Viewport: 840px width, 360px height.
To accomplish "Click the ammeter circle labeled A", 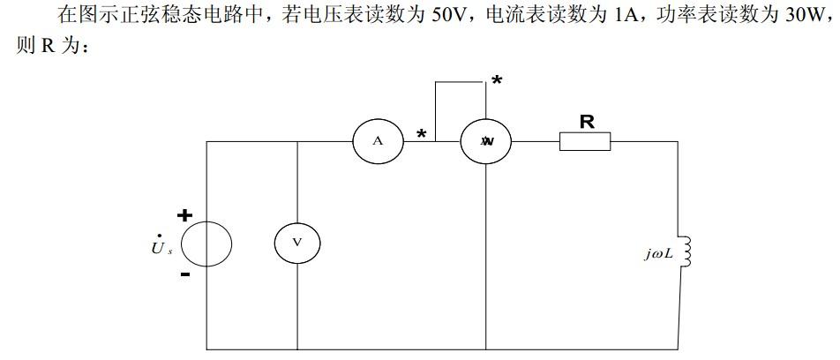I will click(377, 141).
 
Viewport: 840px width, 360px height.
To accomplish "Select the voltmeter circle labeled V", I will click(296, 243).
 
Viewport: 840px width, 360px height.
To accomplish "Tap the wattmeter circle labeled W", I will click(486, 141).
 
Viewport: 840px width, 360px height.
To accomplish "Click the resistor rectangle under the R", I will click(585, 141).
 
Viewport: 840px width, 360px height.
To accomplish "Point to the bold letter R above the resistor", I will click(586, 121).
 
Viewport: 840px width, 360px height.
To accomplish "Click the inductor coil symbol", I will click(687, 253).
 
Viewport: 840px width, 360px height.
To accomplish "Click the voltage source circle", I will click(206, 243).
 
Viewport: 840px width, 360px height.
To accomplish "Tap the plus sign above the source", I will click(184, 214).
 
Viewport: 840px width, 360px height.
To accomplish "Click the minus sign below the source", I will click(184, 274).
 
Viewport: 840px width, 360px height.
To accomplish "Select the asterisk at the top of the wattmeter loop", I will click(497, 82).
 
